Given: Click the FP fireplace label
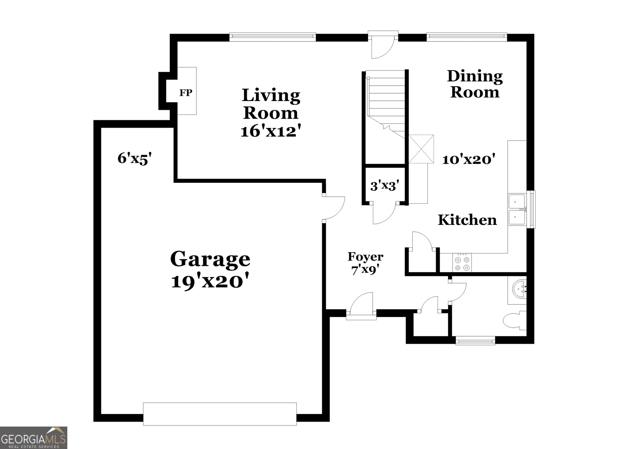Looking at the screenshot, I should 185,93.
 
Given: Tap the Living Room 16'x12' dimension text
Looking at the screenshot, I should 271,131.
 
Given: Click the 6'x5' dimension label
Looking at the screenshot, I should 134,158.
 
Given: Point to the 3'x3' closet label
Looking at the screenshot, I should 385,185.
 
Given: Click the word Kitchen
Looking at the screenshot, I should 467,220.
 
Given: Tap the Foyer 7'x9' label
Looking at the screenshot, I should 365,263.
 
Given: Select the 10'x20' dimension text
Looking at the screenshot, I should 468,160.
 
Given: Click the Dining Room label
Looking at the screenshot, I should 475,84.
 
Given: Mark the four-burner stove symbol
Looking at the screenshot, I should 462,263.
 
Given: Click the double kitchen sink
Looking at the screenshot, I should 517,209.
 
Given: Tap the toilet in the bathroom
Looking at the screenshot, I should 514,320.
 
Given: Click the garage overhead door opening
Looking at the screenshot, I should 220,414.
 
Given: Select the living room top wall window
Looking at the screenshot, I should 272,36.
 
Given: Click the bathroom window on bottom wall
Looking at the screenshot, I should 475,340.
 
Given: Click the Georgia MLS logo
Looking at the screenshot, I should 33,438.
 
